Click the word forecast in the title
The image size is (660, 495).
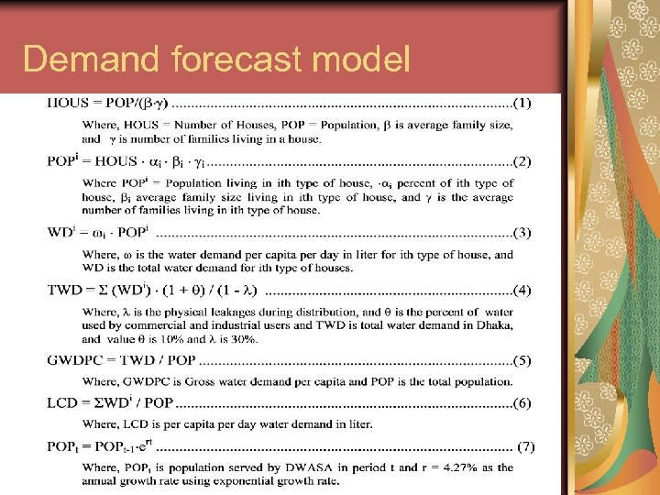click(x=240, y=60)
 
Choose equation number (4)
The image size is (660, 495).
click(x=522, y=291)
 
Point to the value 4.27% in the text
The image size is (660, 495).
click(x=457, y=467)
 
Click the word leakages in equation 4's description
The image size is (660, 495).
click(x=245, y=313)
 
